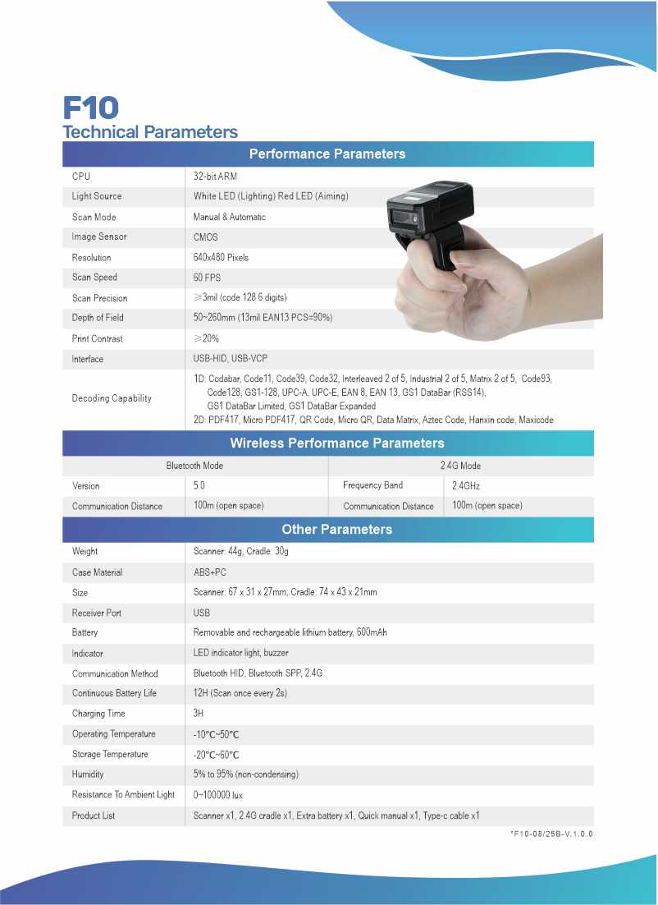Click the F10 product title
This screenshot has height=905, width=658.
91,108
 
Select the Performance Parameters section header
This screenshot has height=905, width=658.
327,154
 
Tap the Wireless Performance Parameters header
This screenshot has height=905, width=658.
336,443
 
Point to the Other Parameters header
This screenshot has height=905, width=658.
336,530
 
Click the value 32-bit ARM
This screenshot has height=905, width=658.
215,177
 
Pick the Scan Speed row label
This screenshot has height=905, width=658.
94,278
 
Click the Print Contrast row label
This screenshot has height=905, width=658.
97,338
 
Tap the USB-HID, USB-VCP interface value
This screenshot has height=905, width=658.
231,359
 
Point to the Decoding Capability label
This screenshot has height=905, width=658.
112,398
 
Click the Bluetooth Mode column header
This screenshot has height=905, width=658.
194,466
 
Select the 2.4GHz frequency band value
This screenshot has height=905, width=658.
466,486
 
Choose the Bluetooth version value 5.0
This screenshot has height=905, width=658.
199,486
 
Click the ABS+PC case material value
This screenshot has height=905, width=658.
210,572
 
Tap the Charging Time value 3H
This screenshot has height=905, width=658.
198,714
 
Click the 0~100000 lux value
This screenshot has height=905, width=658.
218,795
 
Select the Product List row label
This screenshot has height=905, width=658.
94,815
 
